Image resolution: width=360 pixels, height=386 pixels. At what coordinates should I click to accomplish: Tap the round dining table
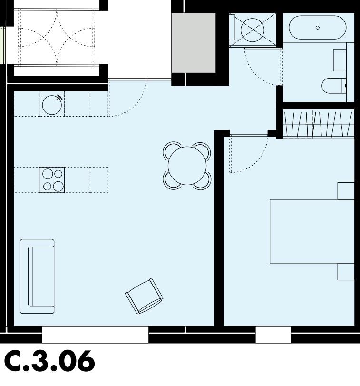coord(187,166)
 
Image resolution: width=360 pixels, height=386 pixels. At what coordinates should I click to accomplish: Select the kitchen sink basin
coord(52,105)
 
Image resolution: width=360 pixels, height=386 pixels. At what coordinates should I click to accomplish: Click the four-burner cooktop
coord(52,180)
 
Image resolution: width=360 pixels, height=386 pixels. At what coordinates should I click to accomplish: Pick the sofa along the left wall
coord(37,277)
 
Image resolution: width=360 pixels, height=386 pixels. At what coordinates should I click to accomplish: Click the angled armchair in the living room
coord(144,296)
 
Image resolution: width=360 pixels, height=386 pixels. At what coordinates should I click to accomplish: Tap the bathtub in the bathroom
coord(318,28)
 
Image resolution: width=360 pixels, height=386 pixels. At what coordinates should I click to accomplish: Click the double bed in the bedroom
coord(311,231)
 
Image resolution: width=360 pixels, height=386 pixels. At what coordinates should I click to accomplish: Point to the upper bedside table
coord(346,190)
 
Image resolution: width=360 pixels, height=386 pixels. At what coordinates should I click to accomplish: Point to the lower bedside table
coord(346,271)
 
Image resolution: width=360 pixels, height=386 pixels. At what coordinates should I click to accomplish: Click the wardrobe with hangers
coord(318,124)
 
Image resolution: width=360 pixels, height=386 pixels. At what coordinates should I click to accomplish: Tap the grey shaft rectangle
coord(194,43)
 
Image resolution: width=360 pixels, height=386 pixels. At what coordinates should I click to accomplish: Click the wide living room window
coord(95,334)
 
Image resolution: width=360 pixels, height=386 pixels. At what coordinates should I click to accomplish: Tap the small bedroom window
coord(273,334)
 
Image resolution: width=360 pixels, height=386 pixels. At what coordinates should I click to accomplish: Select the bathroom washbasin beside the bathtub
coord(340,60)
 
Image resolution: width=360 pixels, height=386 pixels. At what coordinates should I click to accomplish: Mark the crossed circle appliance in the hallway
coord(252,30)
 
